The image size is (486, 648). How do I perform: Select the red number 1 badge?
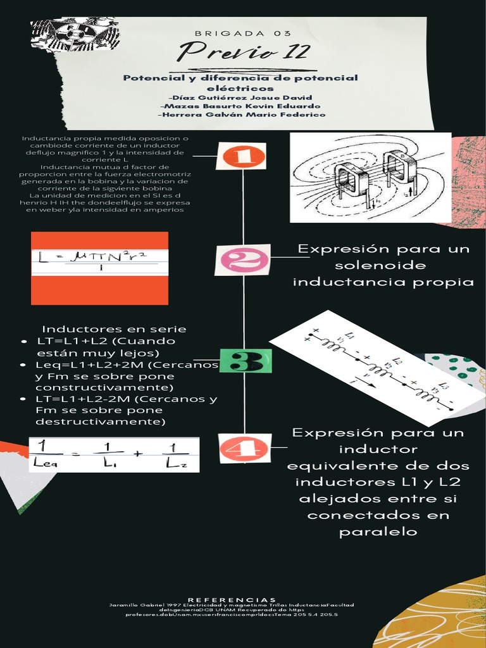[241, 156]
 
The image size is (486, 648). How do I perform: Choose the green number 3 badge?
[247, 362]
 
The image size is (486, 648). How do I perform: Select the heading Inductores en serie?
[114, 329]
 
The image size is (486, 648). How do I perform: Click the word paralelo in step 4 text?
[378, 532]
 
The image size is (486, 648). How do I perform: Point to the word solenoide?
[380, 265]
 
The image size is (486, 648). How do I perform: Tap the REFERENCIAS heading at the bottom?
[232, 599]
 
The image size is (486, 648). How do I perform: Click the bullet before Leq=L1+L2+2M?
[23, 366]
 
